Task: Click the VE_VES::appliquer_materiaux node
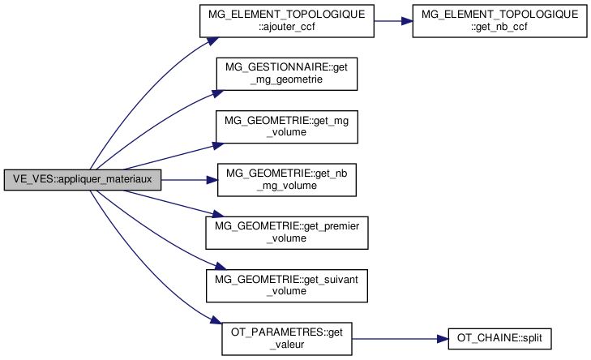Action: coord(83,179)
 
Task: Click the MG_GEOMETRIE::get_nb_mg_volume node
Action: coord(286,179)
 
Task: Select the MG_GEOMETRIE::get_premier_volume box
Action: coord(286,232)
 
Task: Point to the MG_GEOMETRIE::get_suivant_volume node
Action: coord(286,285)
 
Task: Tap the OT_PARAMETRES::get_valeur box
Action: coord(286,337)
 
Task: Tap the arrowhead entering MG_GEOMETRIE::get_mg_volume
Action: coord(216,145)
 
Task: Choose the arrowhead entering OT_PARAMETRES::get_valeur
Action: coord(216,323)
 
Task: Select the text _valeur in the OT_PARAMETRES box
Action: coord(286,344)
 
